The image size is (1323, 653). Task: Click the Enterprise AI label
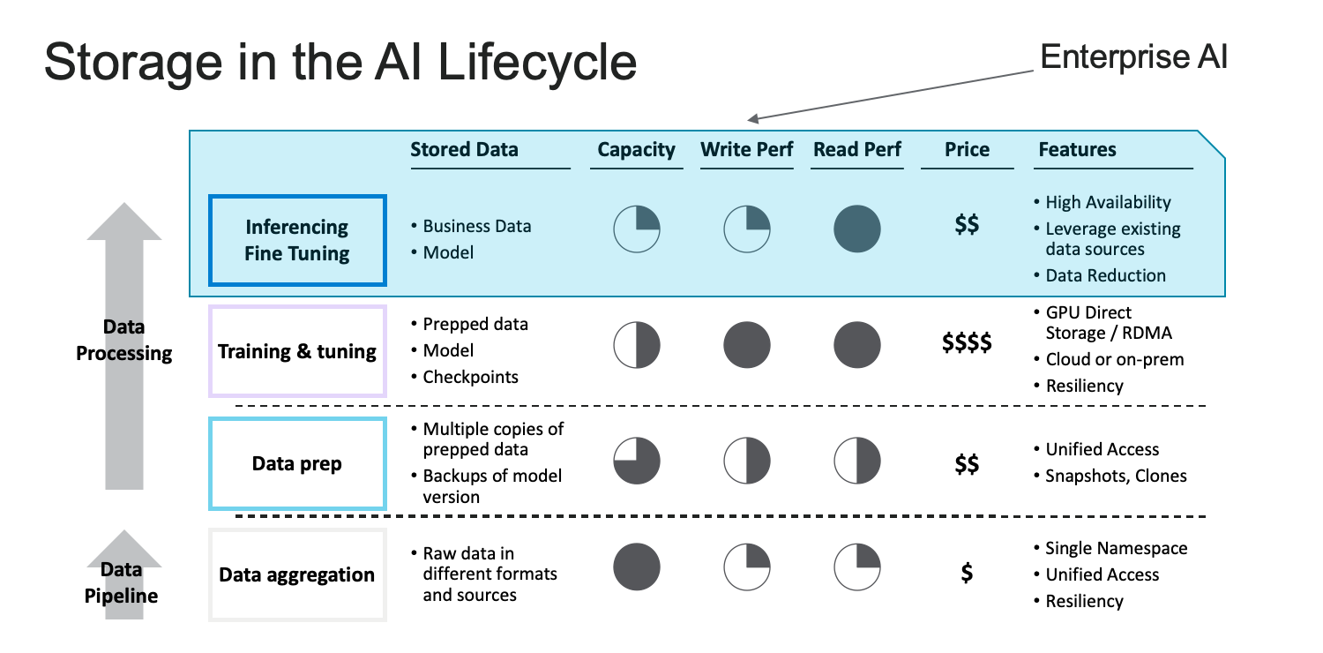point(1133,57)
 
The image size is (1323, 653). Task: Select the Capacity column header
point(636,149)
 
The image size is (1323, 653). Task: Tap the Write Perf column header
point(746,149)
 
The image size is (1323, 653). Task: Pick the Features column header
point(1077,149)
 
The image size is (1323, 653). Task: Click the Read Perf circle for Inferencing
point(857,229)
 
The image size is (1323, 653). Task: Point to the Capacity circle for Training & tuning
point(637,345)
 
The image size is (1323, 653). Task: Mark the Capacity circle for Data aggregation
point(637,567)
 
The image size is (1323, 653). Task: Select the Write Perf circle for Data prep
point(747,461)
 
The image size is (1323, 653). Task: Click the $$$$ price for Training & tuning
point(967,342)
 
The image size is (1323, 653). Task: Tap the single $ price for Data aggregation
point(967,572)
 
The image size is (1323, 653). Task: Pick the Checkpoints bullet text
point(470,377)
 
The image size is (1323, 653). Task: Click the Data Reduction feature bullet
point(1105,275)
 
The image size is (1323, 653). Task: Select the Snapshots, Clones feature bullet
point(1116,476)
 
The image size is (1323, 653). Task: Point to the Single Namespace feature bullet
point(1116,548)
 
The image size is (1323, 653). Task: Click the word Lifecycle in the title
point(537,63)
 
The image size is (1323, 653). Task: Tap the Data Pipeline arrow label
point(122,582)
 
